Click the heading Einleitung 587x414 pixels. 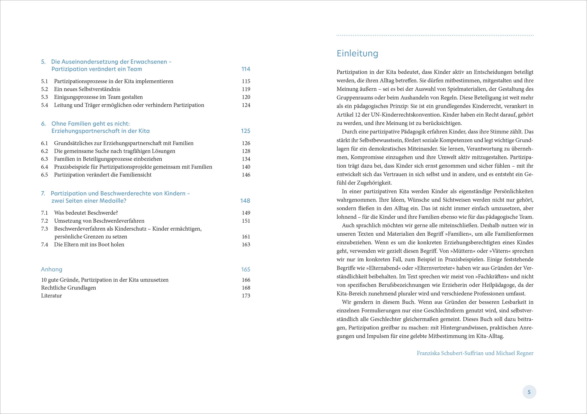tap(357, 53)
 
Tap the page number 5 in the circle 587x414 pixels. tap(529, 392)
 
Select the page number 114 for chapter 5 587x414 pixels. tap(246, 69)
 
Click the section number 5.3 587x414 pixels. tap(45, 97)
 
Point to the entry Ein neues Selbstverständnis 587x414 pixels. tap(87, 89)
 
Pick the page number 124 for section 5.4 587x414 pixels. tap(246, 105)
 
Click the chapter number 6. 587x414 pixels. tap(44, 124)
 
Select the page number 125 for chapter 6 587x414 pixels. tap(245, 131)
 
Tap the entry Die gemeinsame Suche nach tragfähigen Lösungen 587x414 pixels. tap(114, 151)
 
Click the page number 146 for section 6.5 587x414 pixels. tap(246, 175)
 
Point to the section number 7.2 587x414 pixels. tap(45, 221)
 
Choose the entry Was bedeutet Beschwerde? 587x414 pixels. tap(86, 213)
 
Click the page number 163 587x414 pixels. tap(246, 244)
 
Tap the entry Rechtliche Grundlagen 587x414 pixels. tap(68, 288)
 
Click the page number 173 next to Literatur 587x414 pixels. tap(246, 295)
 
